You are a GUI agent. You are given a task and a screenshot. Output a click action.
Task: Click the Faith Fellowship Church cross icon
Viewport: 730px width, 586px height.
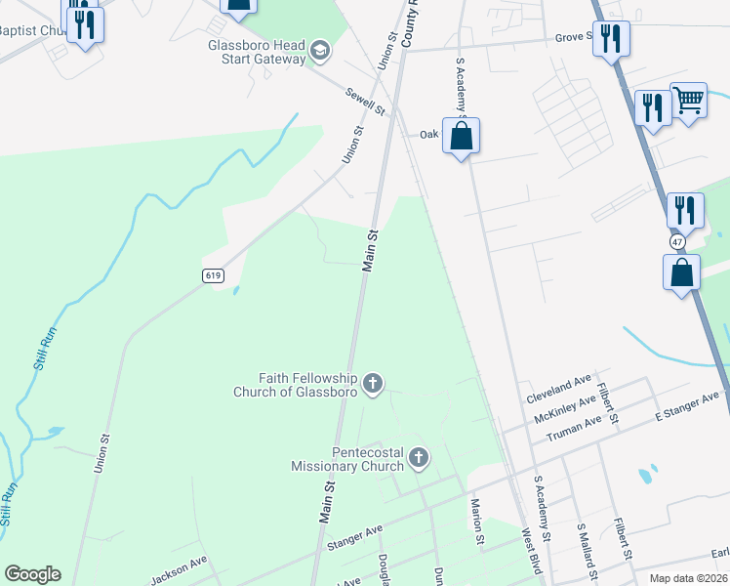372,385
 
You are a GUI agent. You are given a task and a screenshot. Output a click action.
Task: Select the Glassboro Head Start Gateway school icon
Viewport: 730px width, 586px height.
319,50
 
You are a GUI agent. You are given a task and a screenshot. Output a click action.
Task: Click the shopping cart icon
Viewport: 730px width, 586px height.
688,99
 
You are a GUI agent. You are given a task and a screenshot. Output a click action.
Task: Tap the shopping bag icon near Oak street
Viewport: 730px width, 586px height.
462,135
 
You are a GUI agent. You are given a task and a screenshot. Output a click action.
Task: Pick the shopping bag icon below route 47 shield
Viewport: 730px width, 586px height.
682,272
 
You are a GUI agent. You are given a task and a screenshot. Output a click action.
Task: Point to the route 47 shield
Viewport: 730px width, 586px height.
678,241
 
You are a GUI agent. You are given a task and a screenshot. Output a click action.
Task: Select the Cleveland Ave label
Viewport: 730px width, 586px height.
559,389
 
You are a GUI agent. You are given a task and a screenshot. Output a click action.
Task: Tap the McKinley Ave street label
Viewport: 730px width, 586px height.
565,408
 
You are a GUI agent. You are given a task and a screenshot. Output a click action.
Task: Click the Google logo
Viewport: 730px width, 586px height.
32,574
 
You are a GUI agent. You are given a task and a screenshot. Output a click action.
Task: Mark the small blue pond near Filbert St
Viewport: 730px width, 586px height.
645,477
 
